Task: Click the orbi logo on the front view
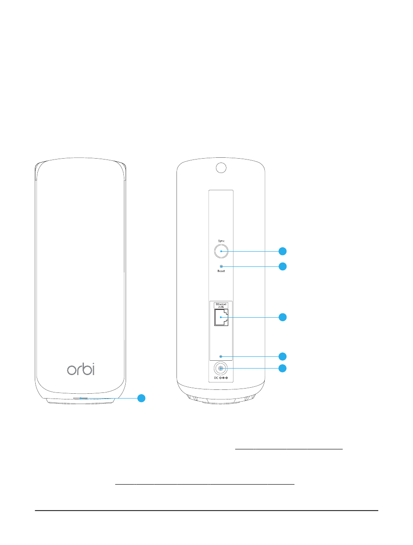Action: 81,369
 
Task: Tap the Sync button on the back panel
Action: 221,251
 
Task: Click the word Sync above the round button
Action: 221,241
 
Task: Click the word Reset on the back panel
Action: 221,271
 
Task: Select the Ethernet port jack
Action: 221,317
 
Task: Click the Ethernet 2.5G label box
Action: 221,306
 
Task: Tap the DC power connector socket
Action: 220,368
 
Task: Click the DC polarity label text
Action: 221,378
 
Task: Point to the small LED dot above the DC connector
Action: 221,356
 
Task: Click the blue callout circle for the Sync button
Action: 283,251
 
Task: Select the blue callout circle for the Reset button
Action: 283,266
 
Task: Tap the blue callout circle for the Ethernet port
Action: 283,317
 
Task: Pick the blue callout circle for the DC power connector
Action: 283,368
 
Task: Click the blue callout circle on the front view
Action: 141,398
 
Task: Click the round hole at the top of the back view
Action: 221,168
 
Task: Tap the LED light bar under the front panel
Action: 80,398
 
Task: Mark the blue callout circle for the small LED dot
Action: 283,356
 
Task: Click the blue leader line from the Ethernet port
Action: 250,317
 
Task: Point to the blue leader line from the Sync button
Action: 250,251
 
